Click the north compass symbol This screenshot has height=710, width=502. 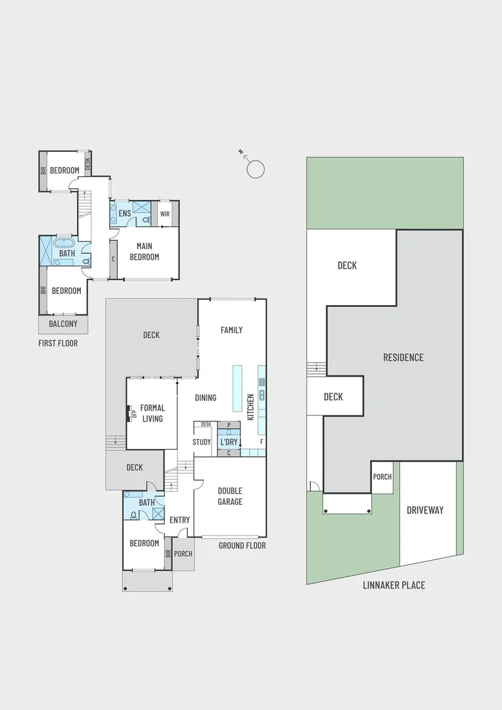(x=254, y=168)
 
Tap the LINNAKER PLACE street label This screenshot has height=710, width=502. (x=394, y=585)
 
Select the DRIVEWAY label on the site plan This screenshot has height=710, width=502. (x=425, y=510)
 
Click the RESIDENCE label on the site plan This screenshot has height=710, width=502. (x=403, y=358)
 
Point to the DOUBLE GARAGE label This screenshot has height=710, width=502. (x=230, y=496)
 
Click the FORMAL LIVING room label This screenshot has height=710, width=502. (x=152, y=414)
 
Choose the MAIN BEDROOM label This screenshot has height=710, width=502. (x=144, y=252)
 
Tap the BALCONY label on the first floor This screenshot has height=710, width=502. (x=63, y=324)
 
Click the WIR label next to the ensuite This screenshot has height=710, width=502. (x=164, y=214)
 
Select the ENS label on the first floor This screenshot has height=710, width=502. (x=124, y=214)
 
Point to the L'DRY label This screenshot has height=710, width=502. (x=228, y=442)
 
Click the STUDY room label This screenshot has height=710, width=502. (x=202, y=442)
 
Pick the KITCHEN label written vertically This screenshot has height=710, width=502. (x=250, y=407)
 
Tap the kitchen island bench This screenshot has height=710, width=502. (x=237, y=389)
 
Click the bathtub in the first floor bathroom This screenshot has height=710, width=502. (x=66, y=243)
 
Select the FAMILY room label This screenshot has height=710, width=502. (x=231, y=330)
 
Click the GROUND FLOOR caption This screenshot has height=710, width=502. (x=242, y=546)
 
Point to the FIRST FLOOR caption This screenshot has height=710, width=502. (x=58, y=343)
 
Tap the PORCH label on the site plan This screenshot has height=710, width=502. (x=382, y=477)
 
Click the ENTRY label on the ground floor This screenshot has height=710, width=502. (x=179, y=520)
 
